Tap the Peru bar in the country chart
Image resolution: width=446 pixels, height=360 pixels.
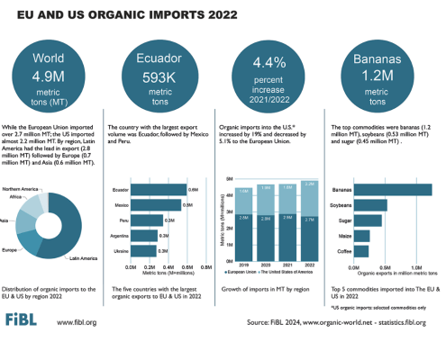click(x=148, y=220)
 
